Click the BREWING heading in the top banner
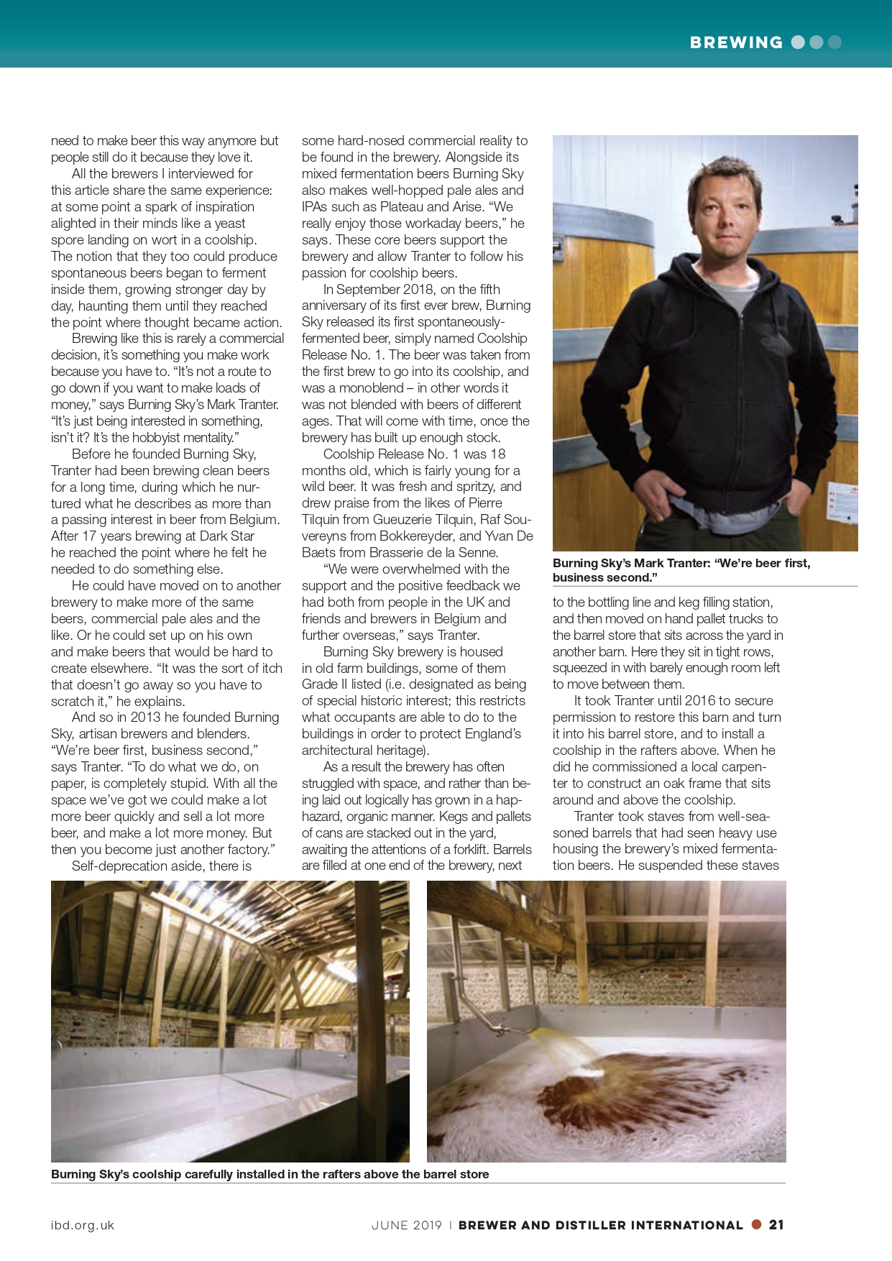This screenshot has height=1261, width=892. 735,42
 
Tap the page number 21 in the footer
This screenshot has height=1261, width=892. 776,1225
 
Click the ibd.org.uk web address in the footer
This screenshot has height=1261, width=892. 83,1226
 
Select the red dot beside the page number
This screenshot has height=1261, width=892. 756,1224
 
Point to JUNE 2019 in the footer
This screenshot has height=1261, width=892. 406,1226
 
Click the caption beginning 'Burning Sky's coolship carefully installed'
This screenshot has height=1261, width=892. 270,1174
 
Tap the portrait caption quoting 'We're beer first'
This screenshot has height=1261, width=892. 681,570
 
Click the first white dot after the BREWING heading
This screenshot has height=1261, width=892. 798,42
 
